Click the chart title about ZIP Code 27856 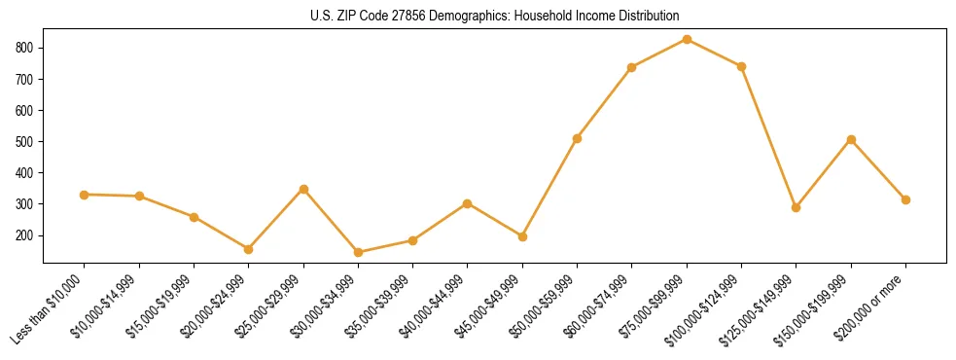495,16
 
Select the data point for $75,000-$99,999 687,39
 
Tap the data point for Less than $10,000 85,195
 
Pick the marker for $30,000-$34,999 358,252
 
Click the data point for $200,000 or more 905,199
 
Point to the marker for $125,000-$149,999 796,207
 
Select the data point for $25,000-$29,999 303,189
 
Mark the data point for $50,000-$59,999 577,138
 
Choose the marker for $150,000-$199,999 851,139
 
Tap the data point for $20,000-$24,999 249,249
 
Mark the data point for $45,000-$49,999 522,236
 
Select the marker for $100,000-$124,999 741,66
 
